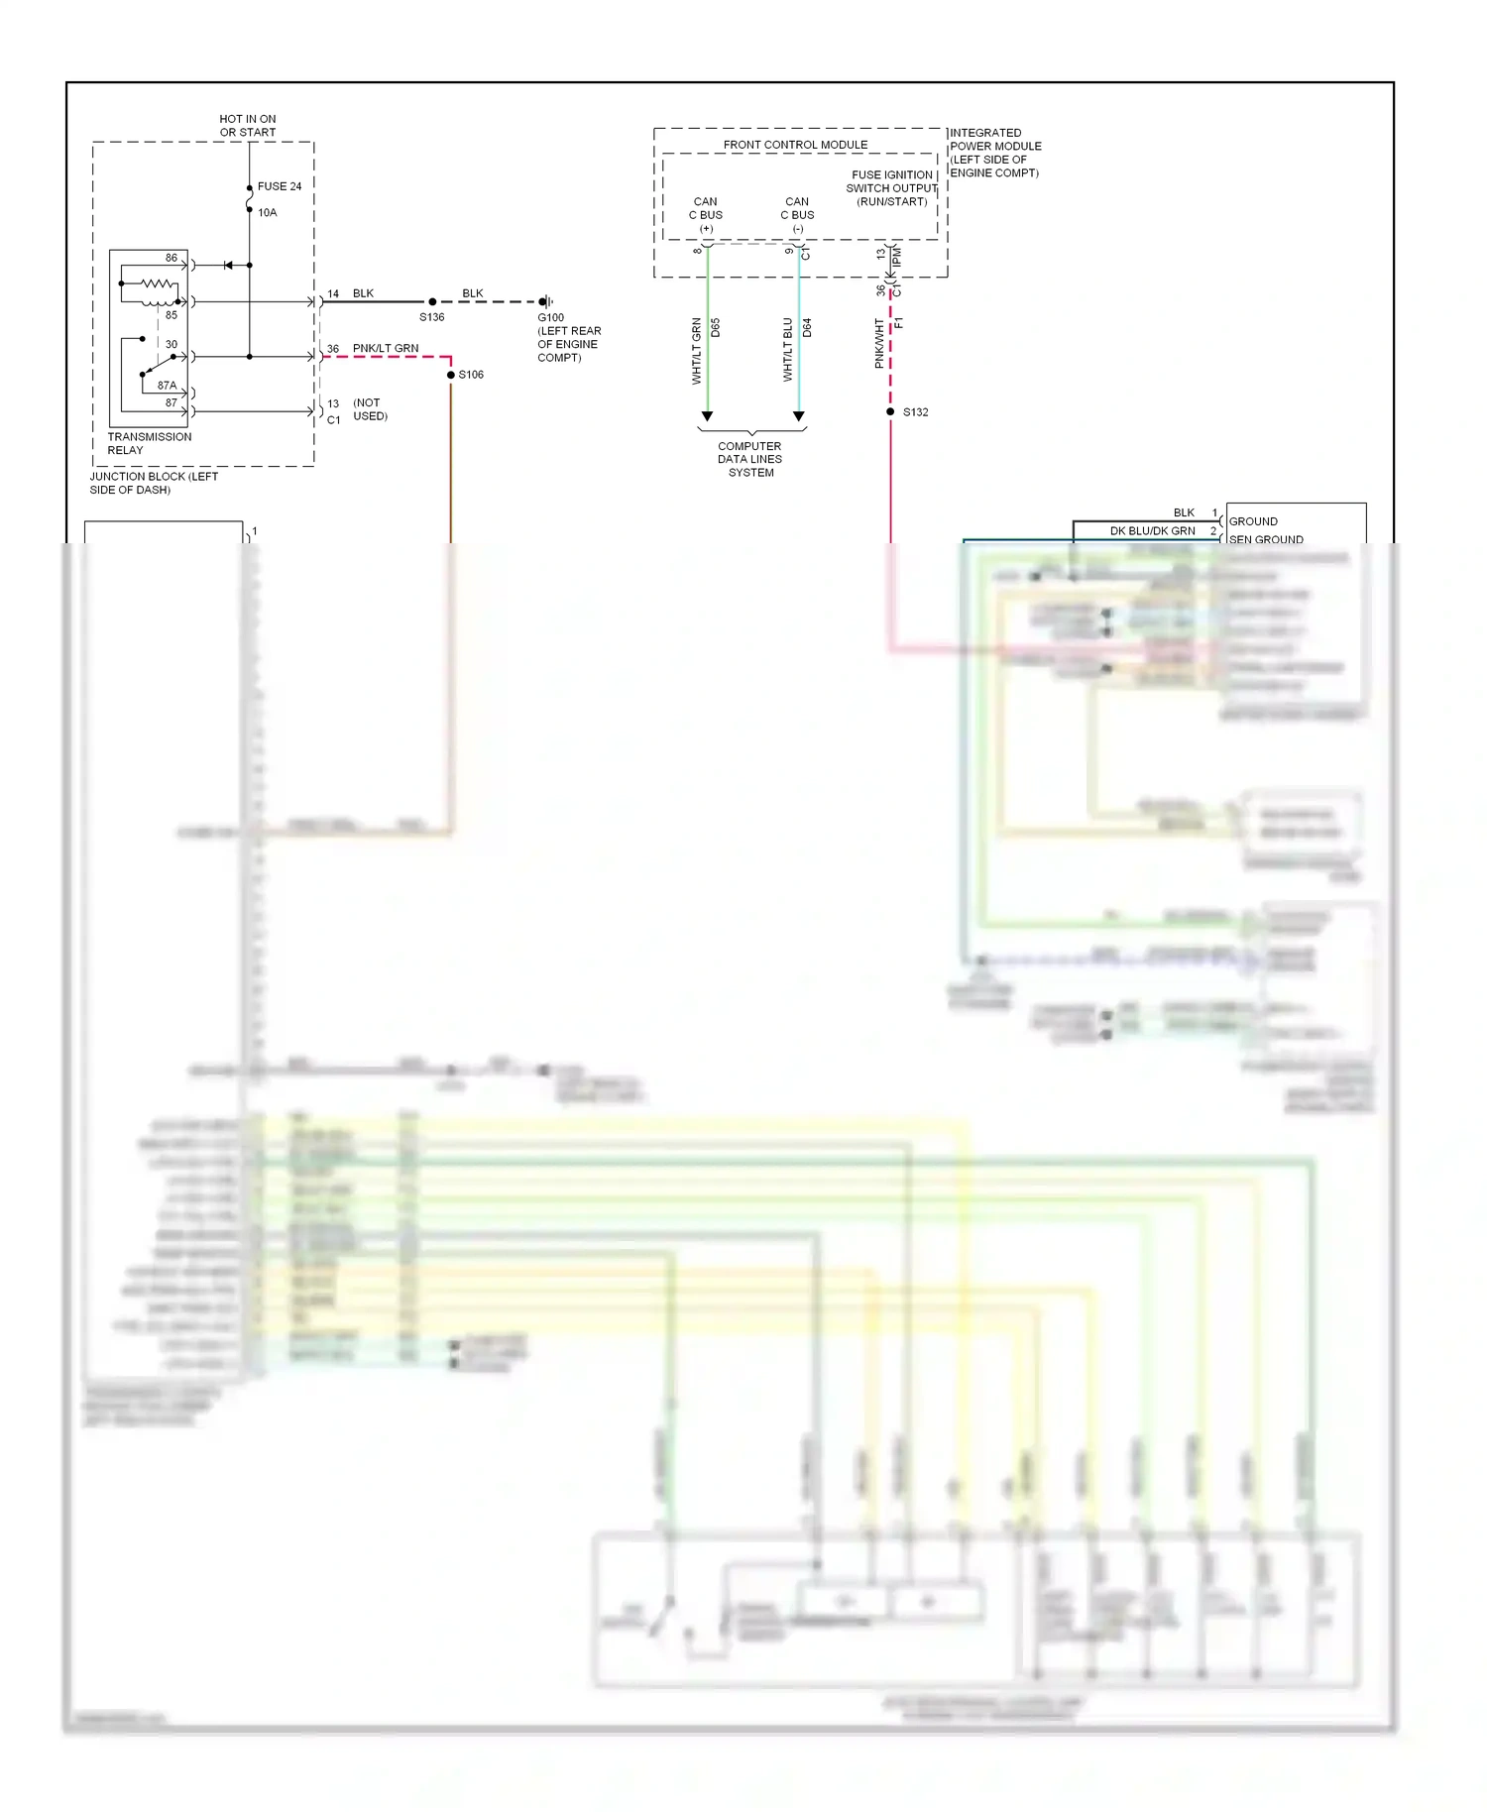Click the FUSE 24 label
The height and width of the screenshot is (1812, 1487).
279,186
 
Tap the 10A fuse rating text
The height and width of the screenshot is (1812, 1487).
267,213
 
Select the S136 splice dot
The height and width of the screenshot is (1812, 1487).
432,301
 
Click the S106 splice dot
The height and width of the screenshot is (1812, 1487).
451,375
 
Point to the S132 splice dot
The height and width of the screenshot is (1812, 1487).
890,411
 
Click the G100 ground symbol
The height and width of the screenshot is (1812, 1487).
545,301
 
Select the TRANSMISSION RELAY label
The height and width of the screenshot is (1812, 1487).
149,443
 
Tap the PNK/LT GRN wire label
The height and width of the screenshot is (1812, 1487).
386,348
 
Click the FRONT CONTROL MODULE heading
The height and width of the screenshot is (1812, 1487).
795,145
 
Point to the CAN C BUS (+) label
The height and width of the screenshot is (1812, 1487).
706,215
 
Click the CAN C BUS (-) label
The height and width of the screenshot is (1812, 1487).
797,215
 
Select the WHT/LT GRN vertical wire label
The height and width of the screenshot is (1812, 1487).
697,351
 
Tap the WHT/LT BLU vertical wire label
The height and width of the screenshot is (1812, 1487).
788,350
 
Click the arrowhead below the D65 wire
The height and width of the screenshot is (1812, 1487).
707,416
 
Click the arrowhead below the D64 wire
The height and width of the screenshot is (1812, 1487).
799,416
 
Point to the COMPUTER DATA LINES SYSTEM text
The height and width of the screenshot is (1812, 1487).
750,459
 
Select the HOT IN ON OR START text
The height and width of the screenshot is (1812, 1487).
248,126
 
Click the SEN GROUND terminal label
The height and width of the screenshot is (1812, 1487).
1266,539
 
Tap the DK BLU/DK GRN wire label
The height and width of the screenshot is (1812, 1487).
1152,531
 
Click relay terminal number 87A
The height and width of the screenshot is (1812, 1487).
167,386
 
